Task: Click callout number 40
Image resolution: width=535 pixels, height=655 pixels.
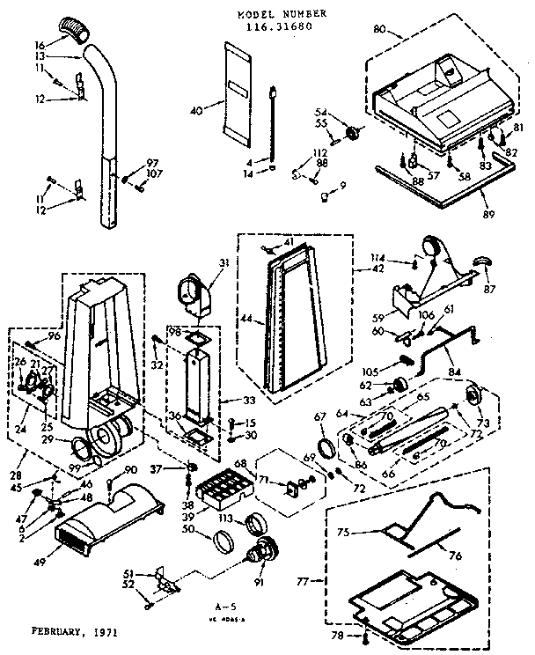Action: [196, 109]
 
